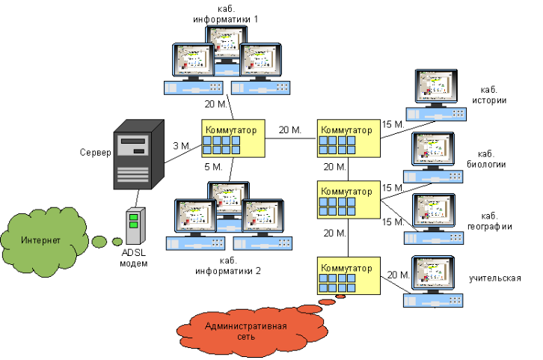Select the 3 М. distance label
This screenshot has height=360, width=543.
[181, 145]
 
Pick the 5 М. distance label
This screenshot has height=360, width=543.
[213, 166]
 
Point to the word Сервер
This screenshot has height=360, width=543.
[95, 153]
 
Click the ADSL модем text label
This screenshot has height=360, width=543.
[135, 258]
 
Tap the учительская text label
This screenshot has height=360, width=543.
[494, 278]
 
